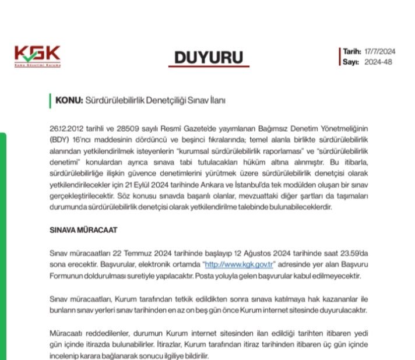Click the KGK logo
[37, 56]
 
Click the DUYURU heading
[209, 58]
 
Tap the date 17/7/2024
[379, 52]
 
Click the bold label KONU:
[70, 100]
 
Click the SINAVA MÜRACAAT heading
[84, 230]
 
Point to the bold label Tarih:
[353, 52]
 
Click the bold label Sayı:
[350, 62]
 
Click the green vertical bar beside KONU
[51, 100]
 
